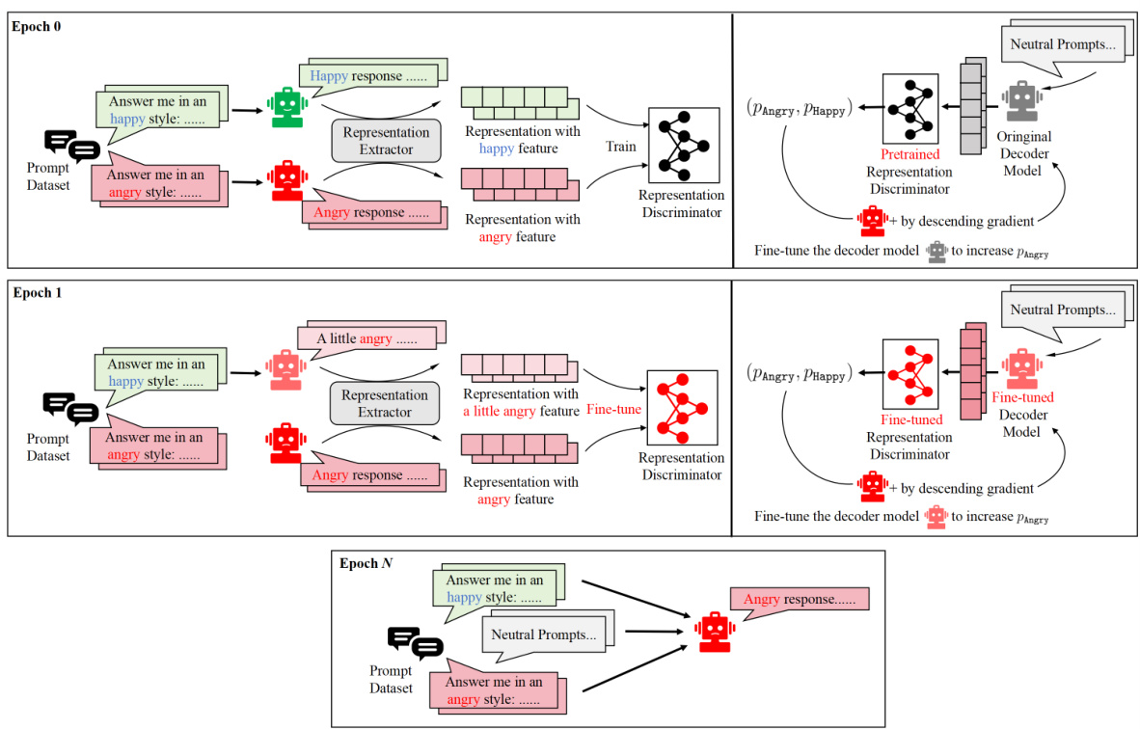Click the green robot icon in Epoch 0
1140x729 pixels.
[x=285, y=107]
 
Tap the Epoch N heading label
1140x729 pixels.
[x=364, y=562]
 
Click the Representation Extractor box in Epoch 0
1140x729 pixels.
[x=385, y=141]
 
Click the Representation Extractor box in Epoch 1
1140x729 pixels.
[x=385, y=403]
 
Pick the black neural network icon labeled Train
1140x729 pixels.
[x=684, y=144]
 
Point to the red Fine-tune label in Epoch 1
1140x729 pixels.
[x=614, y=409]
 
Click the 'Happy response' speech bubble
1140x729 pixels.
[x=367, y=76]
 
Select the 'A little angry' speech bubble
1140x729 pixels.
[x=367, y=338]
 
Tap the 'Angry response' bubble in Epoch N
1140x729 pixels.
[x=800, y=600]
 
